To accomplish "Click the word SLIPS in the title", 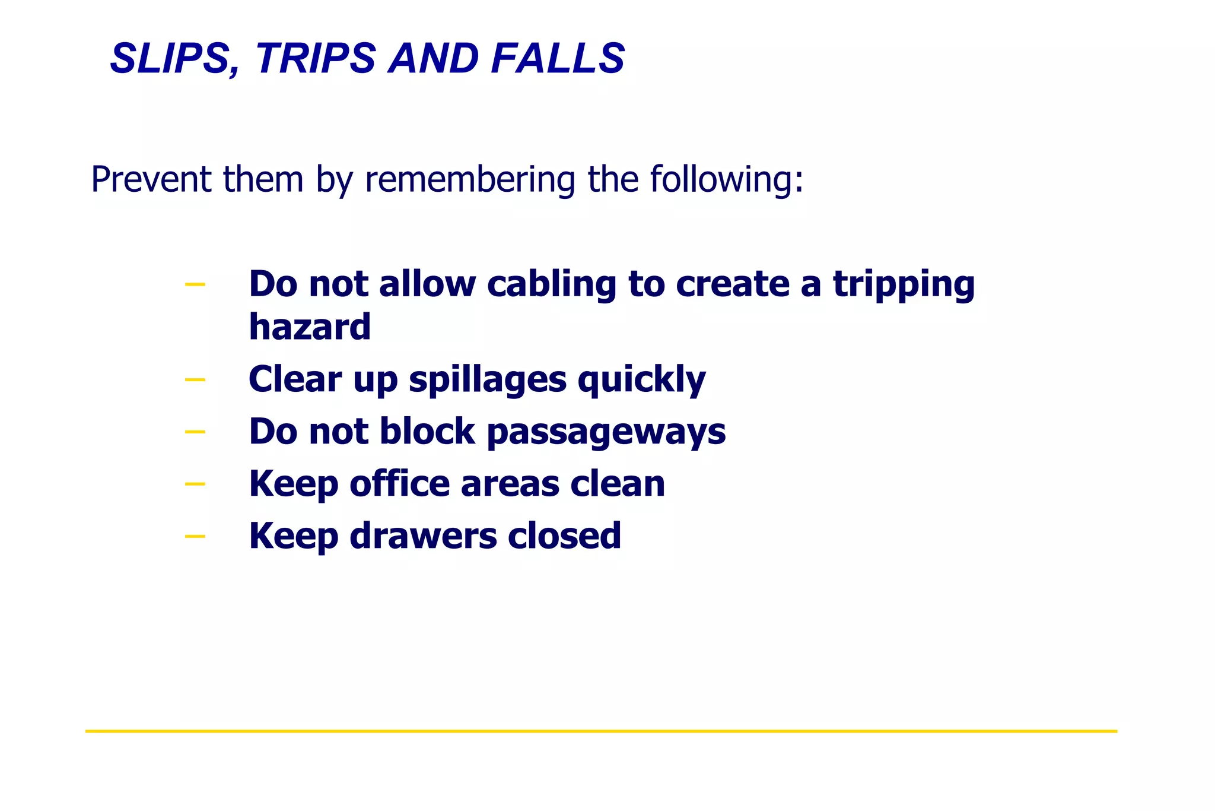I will [175, 59].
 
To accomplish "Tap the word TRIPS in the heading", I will [316, 59].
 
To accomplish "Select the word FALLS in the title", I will [558, 59].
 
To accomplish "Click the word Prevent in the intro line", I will [151, 179].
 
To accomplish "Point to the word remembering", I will [470, 179].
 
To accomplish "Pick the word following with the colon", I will [727, 179].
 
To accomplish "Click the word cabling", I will [552, 284].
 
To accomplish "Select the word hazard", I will [310, 327].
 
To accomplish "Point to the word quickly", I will [642, 380].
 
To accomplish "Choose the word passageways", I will [606, 432].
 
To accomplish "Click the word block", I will [427, 431].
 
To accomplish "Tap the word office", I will [400, 483].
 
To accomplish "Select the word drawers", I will [423, 536].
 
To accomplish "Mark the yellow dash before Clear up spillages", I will [195, 379].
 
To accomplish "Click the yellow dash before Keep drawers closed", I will [195, 537].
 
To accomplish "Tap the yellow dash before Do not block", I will [195, 432].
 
